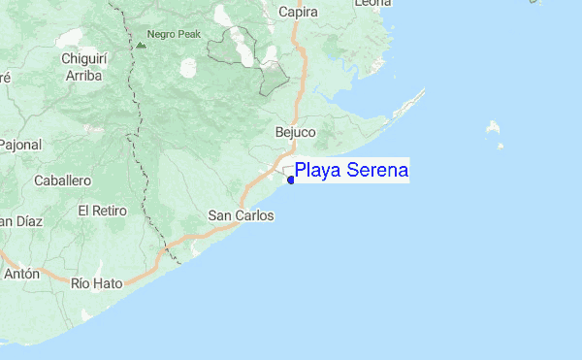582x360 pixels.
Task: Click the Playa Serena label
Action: tap(352, 171)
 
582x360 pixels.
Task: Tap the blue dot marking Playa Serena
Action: tap(291, 180)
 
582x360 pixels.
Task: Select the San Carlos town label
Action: tap(242, 215)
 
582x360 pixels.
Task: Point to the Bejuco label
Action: tap(296, 132)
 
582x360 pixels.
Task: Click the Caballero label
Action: tap(62, 180)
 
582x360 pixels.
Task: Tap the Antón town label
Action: tap(21, 274)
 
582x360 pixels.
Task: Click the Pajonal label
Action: tap(16, 145)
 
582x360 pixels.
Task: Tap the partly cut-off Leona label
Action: tap(373, 4)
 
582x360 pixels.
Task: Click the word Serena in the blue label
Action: tap(375, 171)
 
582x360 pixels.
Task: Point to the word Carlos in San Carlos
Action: tap(254, 215)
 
